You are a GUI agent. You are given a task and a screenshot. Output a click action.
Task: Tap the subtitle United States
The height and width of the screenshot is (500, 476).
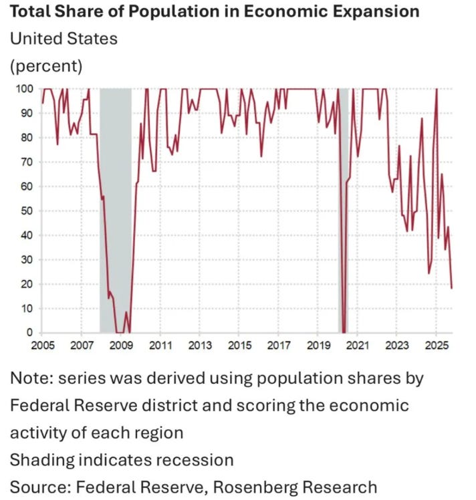(64, 39)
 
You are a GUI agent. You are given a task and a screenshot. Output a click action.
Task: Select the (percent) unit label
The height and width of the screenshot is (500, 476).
(45, 66)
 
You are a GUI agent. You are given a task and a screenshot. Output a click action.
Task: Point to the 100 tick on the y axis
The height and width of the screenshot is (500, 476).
(23, 89)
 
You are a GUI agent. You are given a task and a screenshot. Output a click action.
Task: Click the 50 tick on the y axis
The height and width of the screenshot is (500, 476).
(26, 211)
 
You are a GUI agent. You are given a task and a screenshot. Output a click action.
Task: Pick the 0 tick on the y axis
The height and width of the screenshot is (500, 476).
(29, 332)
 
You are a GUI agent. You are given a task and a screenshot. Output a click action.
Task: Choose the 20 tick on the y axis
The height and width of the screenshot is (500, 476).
(26, 283)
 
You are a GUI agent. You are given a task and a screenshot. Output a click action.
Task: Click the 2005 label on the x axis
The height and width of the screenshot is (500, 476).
(42, 346)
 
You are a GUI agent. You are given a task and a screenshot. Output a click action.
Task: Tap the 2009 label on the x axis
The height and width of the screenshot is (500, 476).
(121, 346)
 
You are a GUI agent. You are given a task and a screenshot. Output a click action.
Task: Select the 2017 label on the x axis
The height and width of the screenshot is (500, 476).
(279, 346)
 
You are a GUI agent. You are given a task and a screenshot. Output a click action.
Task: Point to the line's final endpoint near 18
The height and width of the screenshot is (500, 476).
(452, 288)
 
